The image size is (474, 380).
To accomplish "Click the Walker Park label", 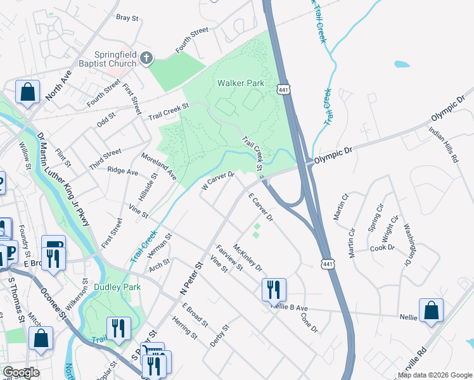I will click(x=241, y=83).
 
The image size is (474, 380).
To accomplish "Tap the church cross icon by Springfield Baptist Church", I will click(x=146, y=60).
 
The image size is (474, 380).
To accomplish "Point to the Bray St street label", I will click(x=127, y=18).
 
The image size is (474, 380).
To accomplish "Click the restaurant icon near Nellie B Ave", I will click(x=274, y=289).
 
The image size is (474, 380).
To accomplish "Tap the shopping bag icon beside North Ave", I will click(x=29, y=92).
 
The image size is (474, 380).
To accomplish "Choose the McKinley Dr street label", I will click(x=248, y=258).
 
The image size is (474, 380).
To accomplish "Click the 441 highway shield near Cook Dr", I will click(x=327, y=263).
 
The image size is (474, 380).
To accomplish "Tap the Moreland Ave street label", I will click(x=159, y=166).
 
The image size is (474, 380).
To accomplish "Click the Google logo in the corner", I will click(x=20, y=372).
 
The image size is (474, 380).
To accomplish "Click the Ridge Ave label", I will click(x=123, y=171).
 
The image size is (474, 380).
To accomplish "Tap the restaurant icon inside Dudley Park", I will click(x=118, y=327).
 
